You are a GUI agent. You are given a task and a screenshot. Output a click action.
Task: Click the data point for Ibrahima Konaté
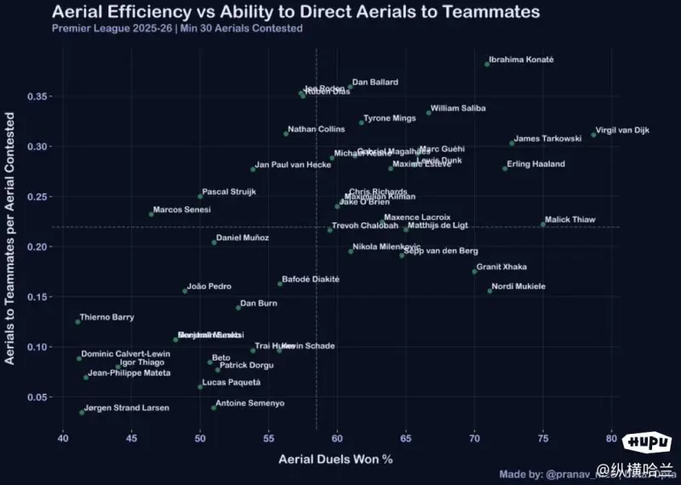(x=487, y=64)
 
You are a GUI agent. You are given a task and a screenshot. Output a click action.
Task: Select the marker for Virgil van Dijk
(x=593, y=135)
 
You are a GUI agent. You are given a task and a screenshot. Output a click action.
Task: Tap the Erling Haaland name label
(x=535, y=164)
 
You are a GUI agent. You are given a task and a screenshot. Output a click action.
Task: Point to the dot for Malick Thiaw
(x=543, y=224)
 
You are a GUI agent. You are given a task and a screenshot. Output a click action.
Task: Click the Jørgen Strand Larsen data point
(x=82, y=413)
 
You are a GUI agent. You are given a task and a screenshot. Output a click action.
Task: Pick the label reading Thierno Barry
(x=107, y=317)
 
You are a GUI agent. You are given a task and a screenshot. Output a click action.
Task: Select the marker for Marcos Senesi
(x=152, y=213)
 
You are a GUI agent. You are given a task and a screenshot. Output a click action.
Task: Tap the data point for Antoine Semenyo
(x=214, y=407)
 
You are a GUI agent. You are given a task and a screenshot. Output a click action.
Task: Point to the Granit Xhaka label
(x=501, y=267)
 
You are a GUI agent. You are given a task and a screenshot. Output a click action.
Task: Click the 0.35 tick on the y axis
(x=39, y=96)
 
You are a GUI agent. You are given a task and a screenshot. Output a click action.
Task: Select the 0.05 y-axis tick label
(x=39, y=397)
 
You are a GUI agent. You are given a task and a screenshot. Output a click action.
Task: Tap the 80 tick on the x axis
(x=611, y=438)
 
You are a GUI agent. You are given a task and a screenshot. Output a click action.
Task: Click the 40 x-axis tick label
(x=63, y=438)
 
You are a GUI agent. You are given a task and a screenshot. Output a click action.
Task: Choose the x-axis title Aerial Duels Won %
(x=335, y=460)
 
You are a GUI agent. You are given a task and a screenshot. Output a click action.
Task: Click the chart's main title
(x=295, y=12)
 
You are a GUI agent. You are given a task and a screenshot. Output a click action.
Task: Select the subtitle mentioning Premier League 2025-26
(x=177, y=29)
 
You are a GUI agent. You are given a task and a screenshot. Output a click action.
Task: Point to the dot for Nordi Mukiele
(x=489, y=292)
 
